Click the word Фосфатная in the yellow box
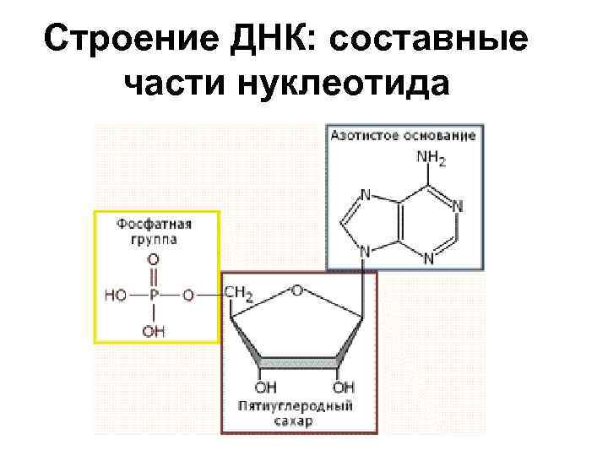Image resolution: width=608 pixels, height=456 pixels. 155,225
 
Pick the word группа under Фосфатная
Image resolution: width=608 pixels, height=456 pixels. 154,239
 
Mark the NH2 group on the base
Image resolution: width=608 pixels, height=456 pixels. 431,158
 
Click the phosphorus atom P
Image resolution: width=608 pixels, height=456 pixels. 154,295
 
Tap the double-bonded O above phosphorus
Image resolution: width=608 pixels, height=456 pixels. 154,260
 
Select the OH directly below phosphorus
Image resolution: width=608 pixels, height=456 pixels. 154,332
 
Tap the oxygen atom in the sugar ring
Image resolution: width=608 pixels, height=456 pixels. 296,290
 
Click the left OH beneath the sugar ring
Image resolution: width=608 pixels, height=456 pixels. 264,388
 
